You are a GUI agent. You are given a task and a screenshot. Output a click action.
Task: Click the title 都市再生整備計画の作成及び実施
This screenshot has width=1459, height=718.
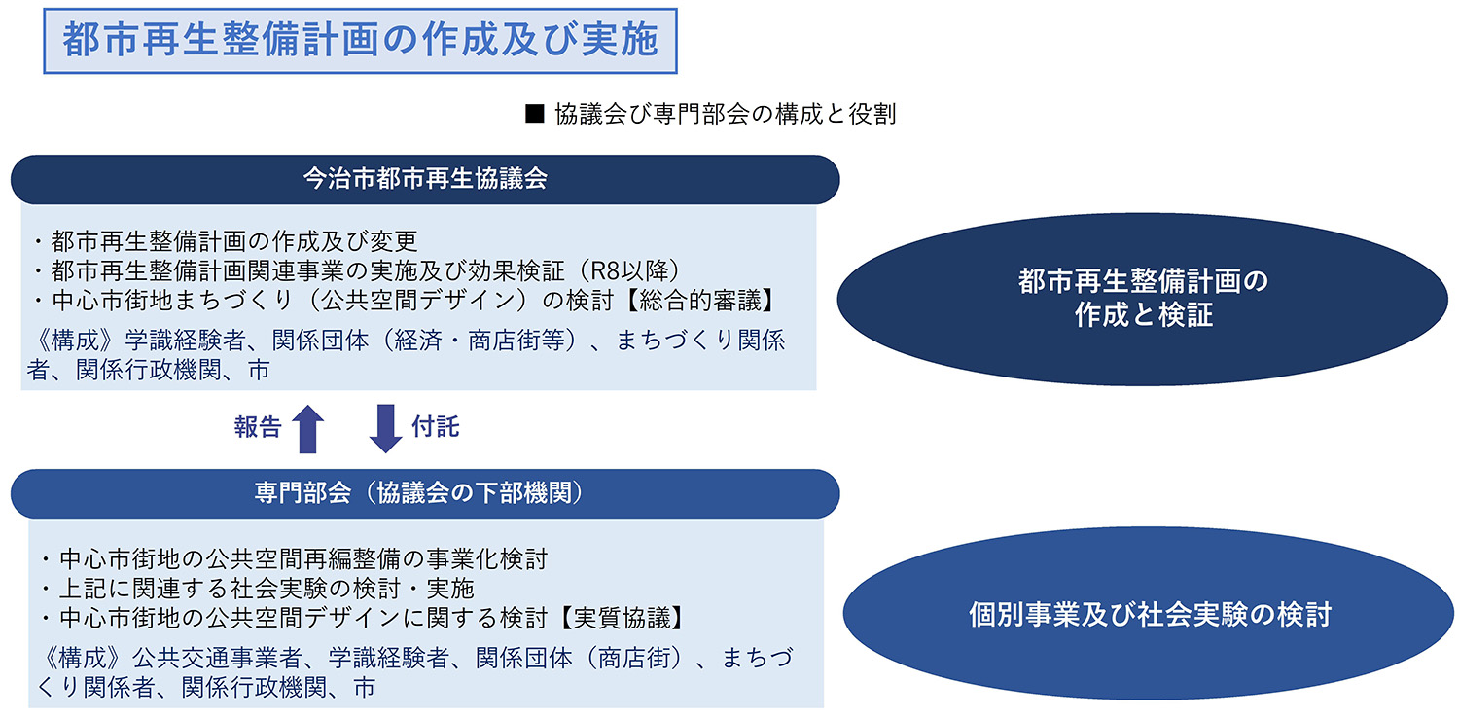(x=360, y=41)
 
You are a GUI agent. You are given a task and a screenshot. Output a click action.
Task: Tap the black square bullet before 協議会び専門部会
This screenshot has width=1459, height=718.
(x=534, y=114)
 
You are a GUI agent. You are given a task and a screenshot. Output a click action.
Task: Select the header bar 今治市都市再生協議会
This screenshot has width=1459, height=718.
(x=425, y=179)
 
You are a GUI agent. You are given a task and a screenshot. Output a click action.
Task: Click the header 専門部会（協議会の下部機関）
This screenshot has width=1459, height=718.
(x=425, y=494)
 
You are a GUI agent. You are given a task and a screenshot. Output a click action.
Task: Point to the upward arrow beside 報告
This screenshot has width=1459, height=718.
(x=308, y=429)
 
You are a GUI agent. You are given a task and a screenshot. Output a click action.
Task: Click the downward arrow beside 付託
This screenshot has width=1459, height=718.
(x=385, y=429)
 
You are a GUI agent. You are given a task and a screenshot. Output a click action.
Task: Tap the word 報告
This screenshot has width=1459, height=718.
(x=258, y=427)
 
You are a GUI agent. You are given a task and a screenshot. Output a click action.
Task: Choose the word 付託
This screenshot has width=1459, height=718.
(x=436, y=427)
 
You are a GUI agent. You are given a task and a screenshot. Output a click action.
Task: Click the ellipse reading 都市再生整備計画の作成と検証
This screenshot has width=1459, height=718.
(x=1143, y=299)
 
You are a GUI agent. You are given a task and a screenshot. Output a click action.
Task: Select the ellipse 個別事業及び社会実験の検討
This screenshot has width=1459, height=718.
(x=1149, y=614)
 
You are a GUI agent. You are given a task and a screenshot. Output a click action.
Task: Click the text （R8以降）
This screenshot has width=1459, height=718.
(x=629, y=270)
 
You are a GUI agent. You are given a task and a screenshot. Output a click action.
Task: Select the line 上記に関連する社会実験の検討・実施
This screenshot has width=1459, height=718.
(x=258, y=589)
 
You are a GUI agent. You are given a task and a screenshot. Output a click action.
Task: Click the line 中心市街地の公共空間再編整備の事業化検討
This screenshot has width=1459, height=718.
(x=294, y=559)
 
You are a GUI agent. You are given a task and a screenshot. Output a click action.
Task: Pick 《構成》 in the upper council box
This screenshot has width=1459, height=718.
(x=75, y=341)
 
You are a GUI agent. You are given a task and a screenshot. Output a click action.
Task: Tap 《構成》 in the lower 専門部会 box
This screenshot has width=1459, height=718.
(x=82, y=658)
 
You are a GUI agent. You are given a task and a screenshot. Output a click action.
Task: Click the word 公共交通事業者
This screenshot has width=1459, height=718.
(x=218, y=658)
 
